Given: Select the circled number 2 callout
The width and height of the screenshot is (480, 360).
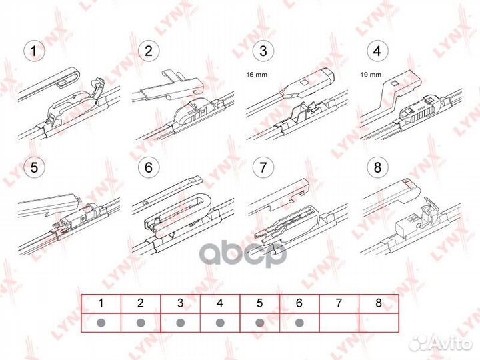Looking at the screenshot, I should (x=148, y=50).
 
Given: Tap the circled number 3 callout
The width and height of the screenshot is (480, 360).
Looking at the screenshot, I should (x=263, y=50).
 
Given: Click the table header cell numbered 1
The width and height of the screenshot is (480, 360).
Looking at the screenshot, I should (x=101, y=303).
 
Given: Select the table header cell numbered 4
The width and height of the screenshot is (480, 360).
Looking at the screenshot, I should (x=220, y=303).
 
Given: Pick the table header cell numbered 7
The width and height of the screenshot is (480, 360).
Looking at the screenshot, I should (x=339, y=303).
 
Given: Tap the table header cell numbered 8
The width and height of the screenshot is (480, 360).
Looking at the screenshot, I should (x=379, y=303).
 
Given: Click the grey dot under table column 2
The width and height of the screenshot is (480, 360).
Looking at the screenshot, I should (x=141, y=322).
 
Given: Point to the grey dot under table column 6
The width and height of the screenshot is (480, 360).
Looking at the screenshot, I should (x=299, y=322).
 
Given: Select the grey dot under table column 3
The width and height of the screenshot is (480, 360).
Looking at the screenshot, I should (x=180, y=322).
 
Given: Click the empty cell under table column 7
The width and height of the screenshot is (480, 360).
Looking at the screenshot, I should (x=339, y=322).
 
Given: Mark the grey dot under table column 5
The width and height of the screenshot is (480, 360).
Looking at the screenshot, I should (x=260, y=322).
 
